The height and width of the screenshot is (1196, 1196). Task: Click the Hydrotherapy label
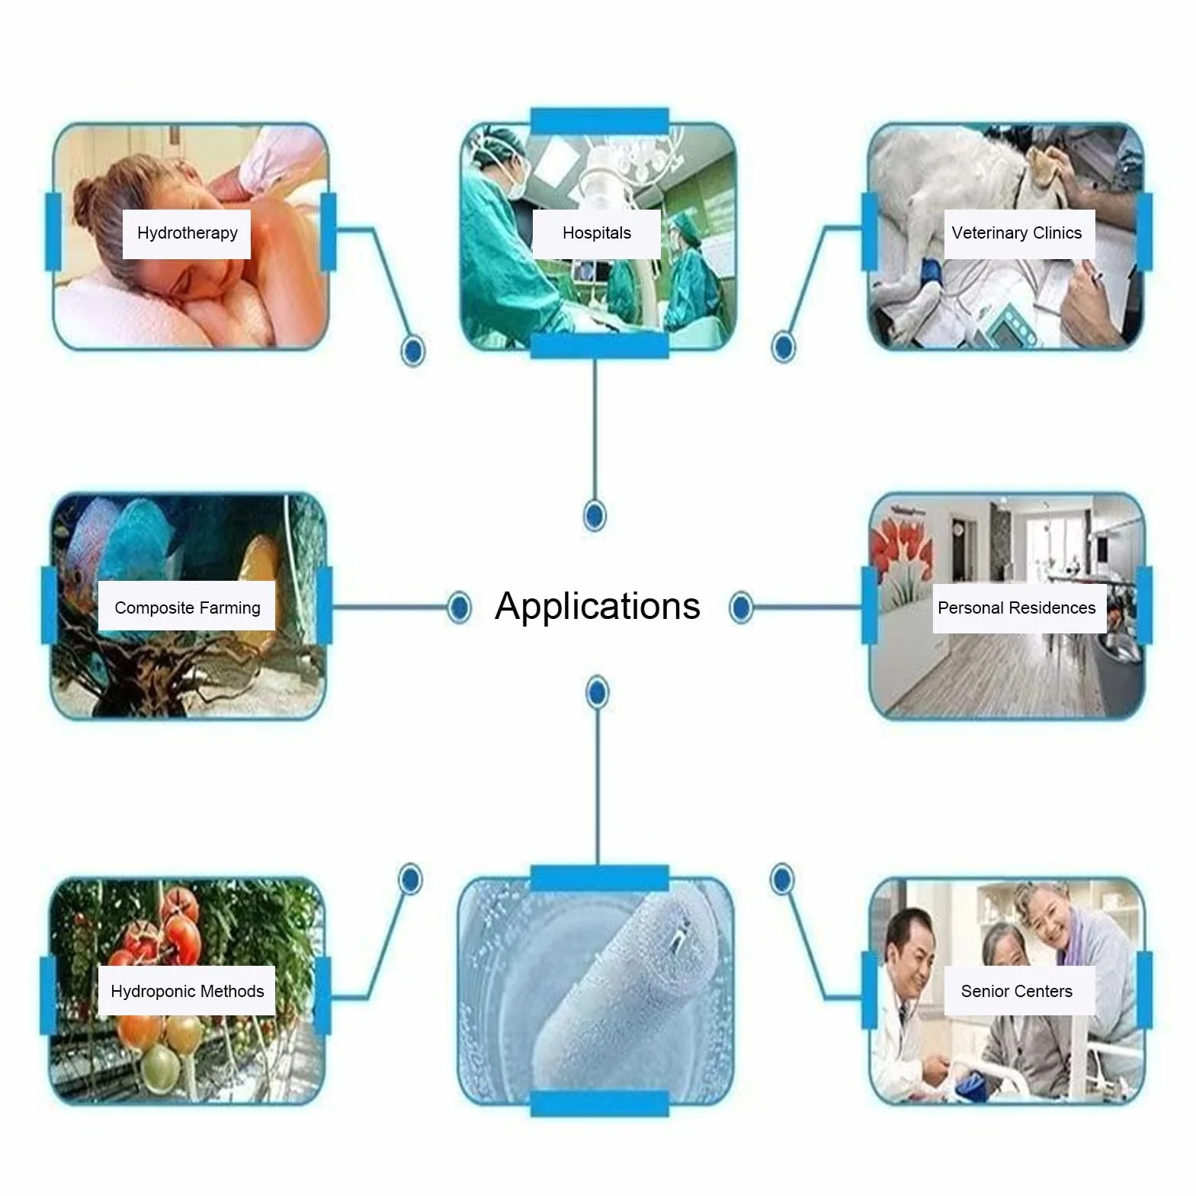coord(187,233)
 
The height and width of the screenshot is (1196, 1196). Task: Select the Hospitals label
coord(597,233)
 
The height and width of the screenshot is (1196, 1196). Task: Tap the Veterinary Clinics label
coord(1016,233)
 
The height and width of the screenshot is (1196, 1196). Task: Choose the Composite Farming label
coord(187,608)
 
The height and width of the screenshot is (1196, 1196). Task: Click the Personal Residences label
coord(1016,608)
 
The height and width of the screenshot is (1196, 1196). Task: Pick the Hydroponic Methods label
coord(187,991)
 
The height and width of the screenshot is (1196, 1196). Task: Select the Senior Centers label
coord(1016,991)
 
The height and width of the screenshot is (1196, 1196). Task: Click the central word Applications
coord(597,607)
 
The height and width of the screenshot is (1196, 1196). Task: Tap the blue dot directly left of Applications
coord(459,608)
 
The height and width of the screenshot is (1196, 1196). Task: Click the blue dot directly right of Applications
coord(741,608)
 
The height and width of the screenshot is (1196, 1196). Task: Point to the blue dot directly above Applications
coord(595,516)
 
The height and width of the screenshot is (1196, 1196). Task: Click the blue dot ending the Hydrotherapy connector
coord(413,351)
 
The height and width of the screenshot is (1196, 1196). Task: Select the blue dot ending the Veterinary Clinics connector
coord(783,347)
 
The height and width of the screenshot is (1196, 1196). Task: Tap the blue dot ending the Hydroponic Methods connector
coord(410,880)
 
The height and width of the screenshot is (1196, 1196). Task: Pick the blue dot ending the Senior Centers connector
coord(781,880)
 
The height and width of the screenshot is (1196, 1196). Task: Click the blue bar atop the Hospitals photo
coord(599,121)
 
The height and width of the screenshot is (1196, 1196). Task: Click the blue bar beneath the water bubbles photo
coord(599,1103)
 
